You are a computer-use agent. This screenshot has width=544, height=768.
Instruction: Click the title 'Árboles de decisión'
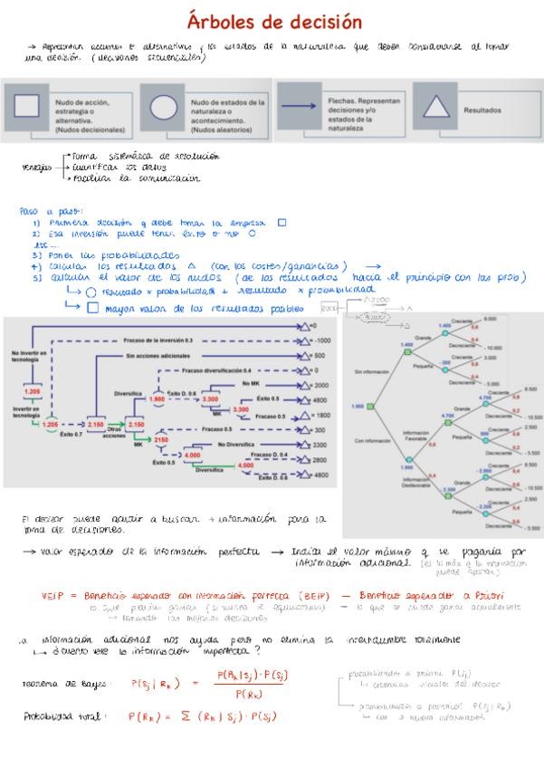274,21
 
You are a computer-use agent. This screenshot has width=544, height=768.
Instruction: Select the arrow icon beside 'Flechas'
299,106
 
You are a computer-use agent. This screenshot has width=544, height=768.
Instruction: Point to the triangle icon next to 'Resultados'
435,105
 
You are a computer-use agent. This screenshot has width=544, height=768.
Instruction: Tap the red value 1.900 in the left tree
157,398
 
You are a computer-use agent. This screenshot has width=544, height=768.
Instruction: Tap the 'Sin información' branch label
371,372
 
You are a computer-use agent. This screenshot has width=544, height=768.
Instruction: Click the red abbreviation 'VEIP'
54,595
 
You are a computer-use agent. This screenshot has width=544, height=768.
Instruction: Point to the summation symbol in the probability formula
185,716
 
